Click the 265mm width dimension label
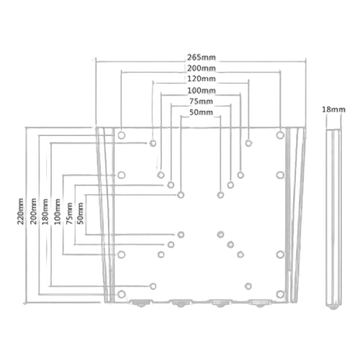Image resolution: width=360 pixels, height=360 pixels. point(202,58)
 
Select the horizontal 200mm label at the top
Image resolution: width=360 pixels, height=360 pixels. point(202,68)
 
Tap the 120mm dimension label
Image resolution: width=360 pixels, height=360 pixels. point(202,78)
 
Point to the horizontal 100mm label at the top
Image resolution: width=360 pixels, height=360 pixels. point(202,91)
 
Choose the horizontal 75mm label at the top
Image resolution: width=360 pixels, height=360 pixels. point(201,102)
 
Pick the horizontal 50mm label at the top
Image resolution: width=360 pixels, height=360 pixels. point(201,112)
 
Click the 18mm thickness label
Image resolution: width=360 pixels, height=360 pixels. point(333,109)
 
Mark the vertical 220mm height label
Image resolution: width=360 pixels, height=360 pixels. point(20,212)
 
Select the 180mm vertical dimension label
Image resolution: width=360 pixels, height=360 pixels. point(45,212)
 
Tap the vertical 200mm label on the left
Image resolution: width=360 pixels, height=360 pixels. point(33,212)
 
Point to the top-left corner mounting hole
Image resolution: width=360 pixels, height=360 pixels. point(122,135)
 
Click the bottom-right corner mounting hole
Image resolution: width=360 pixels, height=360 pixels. point(280,294)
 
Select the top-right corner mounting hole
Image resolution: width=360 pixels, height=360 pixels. point(280,135)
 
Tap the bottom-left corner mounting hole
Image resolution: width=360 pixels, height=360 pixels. point(122,294)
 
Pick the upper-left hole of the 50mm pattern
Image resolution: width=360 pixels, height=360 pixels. point(181,195)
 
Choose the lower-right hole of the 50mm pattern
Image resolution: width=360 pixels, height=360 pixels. point(220,235)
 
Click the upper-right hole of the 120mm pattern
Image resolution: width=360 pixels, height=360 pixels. point(248,143)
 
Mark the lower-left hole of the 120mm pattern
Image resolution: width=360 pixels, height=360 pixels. point(153,286)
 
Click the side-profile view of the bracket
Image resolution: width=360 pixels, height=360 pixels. point(333,219)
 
